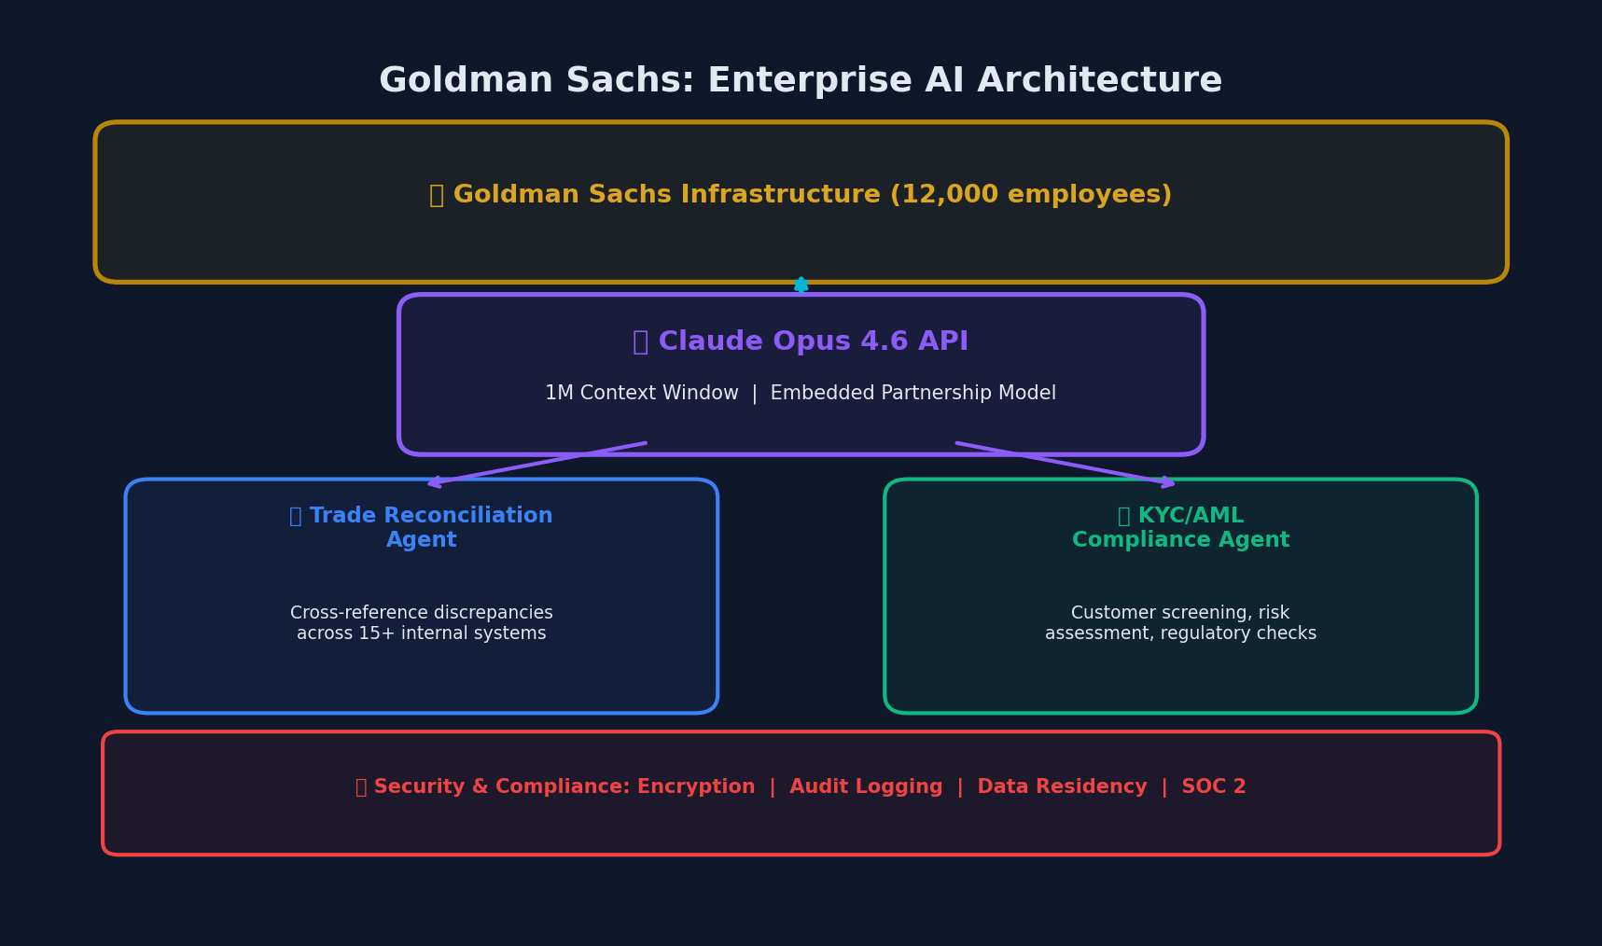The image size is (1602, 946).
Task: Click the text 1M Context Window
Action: point(641,394)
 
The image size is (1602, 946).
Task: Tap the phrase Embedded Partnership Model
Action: point(912,394)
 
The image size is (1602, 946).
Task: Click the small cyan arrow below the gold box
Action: point(801,285)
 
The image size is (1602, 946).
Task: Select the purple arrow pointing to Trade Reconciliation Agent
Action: point(536,464)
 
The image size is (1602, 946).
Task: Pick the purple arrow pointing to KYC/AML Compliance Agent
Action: point(1066,464)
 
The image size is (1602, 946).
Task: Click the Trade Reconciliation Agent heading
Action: point(422,528)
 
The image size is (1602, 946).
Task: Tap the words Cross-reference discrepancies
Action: point(422,613)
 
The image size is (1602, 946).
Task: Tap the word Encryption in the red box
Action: point(696,787)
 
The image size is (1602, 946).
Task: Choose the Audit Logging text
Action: point(866,787)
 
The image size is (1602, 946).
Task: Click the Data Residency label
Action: point(1062,787)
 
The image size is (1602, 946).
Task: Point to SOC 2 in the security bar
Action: point(1213,787)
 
